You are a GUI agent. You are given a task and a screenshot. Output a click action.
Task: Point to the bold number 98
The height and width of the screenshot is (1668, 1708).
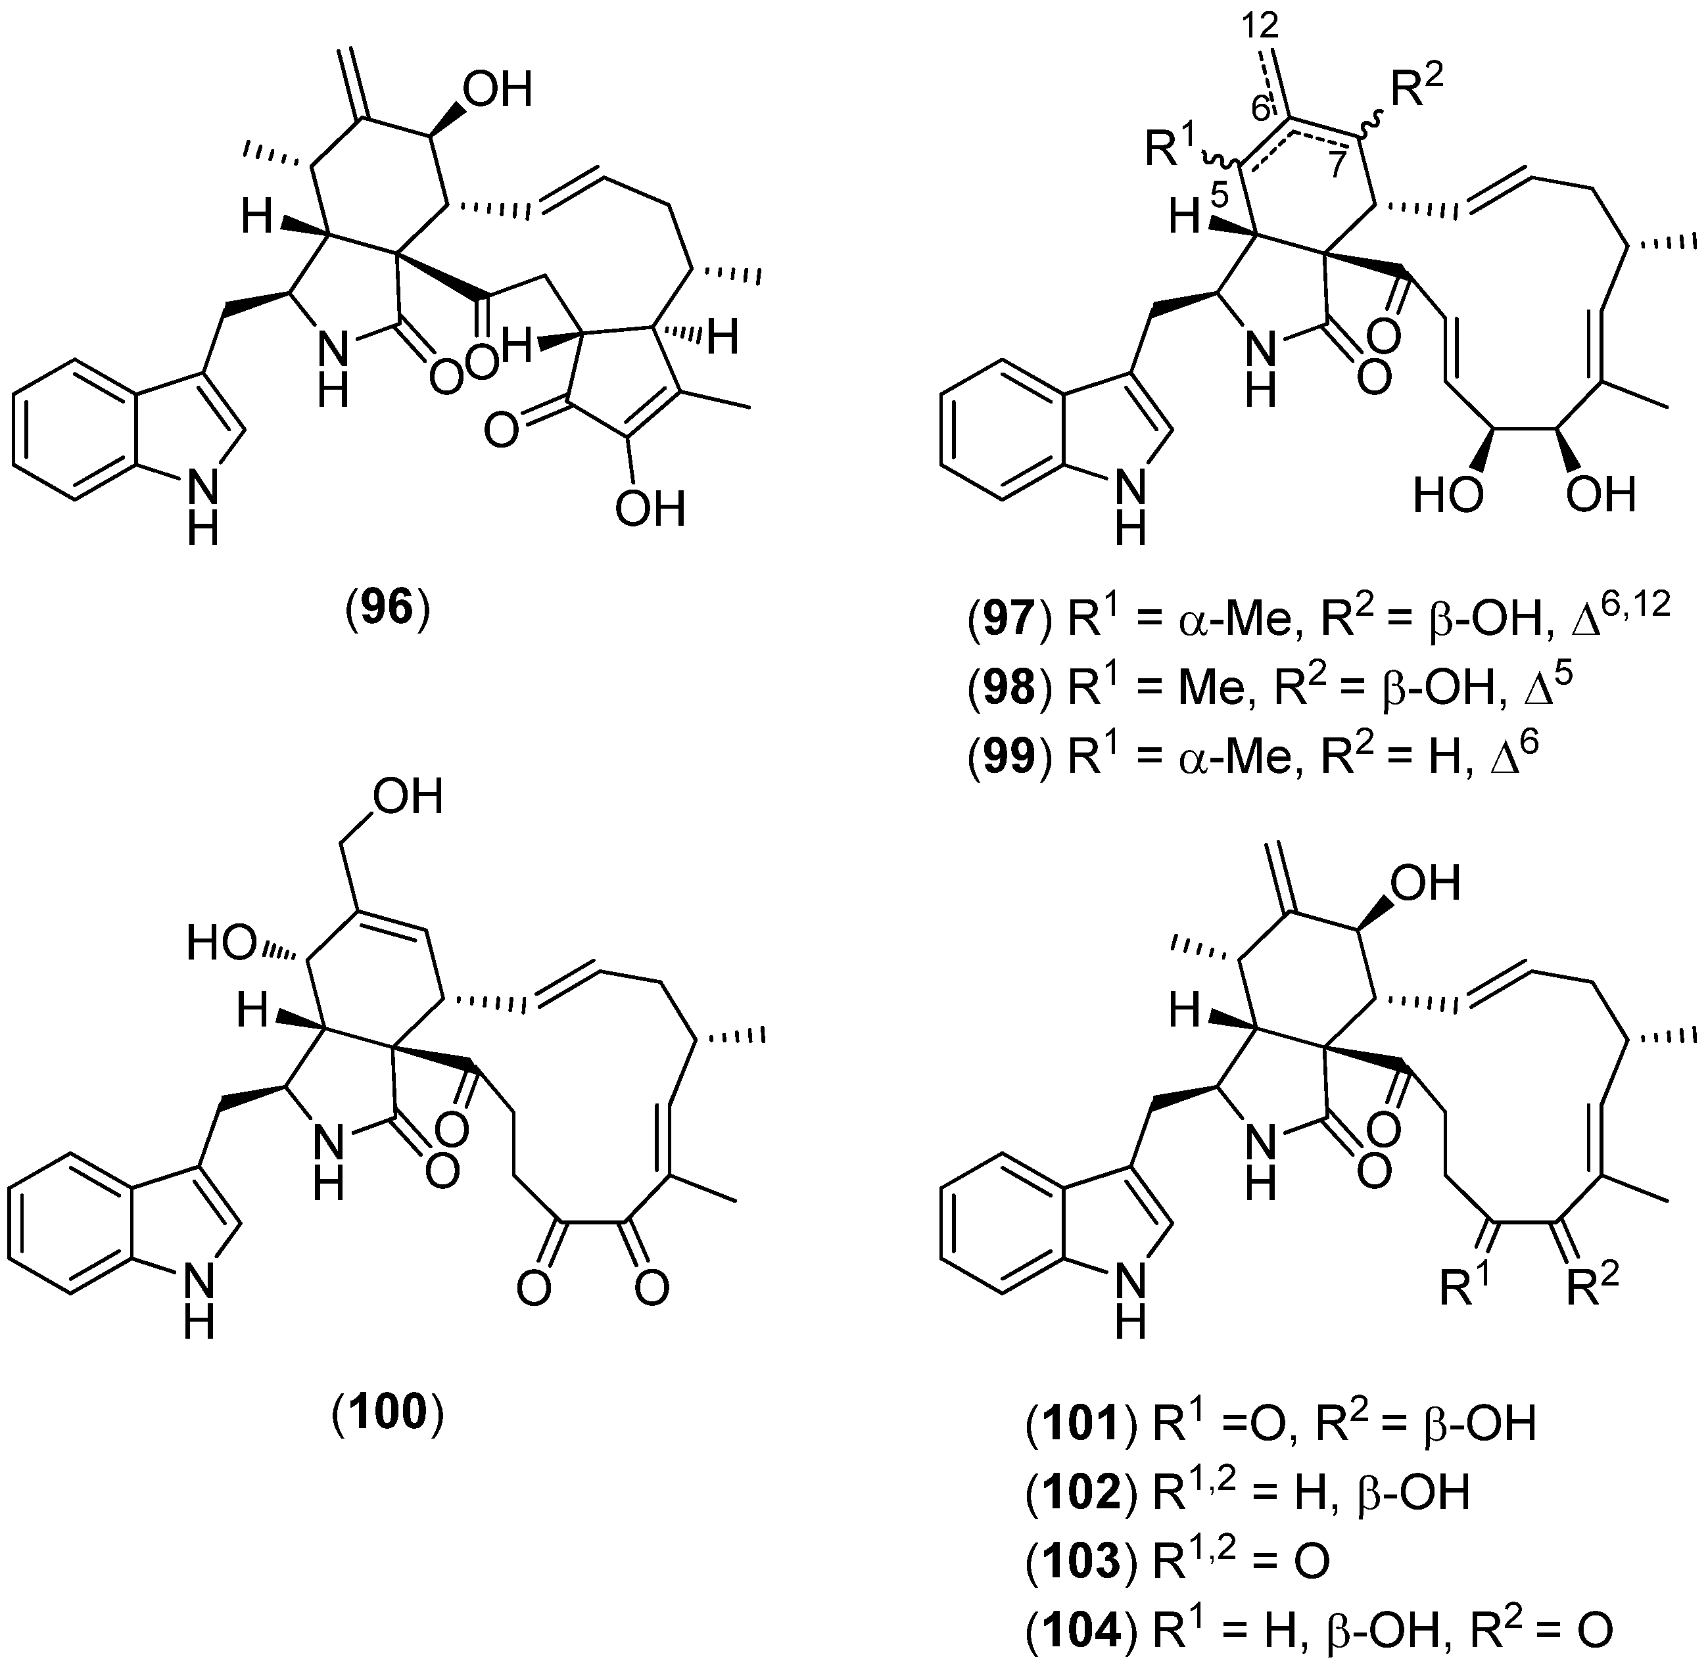pyautogui.click(x=1010, y=689)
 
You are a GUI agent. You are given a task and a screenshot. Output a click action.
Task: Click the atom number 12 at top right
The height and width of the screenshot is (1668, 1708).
pyautogui.click(x=1261, y=26)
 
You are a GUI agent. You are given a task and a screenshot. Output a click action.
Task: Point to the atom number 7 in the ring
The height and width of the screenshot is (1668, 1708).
pyautogui.click(x=1335, y=166)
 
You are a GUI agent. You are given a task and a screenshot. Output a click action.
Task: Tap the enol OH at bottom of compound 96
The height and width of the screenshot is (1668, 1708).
pyautogui.click(x=650, y=509)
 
